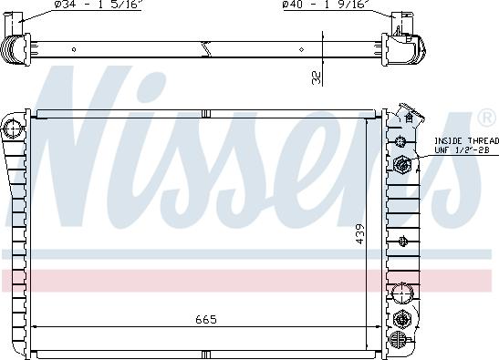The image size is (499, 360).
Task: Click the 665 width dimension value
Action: [x=206, y=319]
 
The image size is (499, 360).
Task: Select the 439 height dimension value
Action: [x=360, y=234]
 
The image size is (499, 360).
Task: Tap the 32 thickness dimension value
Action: [x=317, y=77]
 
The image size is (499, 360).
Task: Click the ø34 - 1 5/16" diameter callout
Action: [x=98, y=5]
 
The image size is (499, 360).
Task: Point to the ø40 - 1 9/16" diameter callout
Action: [x=327, y=5]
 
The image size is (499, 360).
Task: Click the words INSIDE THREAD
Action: [x=466, y=141]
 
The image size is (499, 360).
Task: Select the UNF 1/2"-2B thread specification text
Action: [x=462, y=150]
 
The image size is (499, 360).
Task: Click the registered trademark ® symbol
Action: [x=486, y=117]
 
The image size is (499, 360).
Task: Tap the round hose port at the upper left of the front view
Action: [x=13, y=129]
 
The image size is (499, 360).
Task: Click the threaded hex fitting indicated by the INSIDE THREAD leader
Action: [x=402, y=164]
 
